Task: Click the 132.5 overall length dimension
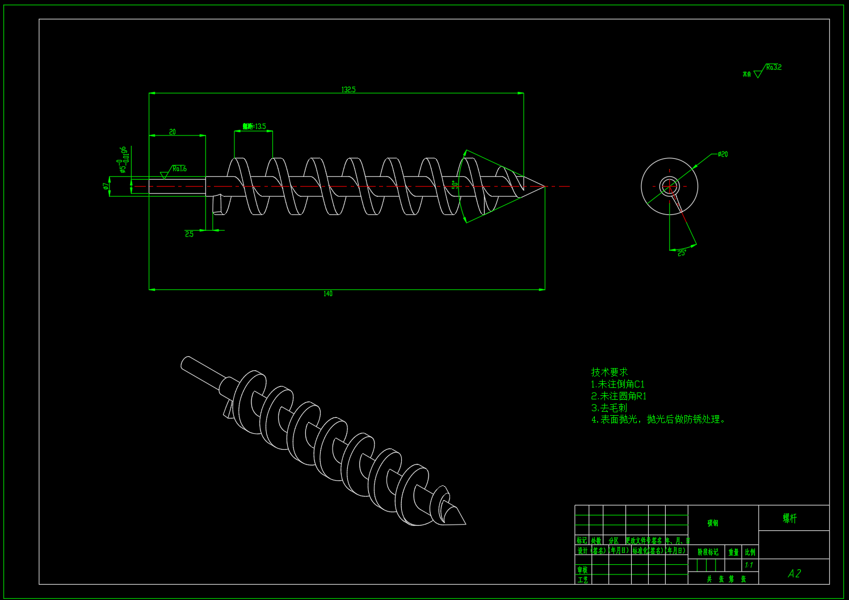348,90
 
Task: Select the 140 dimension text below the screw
327,294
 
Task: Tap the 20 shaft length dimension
173,132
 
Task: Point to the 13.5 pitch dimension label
254,126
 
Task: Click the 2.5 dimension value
189,234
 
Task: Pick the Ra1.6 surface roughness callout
179,169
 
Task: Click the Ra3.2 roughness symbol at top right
772,67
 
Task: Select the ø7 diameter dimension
106,186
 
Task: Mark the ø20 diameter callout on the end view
722,154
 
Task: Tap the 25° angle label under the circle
682,253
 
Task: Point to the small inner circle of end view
669,186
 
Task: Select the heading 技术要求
609,372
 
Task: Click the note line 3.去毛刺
609,408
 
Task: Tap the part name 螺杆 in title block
789,518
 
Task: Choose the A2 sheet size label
794,573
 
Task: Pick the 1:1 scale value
749,565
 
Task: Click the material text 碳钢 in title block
713,523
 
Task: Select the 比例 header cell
750,552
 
